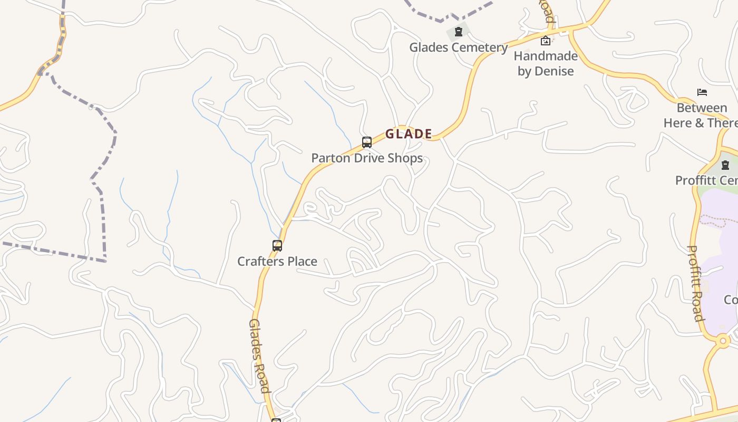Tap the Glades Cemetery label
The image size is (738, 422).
coord(458,47)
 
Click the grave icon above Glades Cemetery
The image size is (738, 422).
coord(459,32)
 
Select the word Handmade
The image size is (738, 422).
coord(546,56)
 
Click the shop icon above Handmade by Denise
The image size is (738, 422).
coord(546,41)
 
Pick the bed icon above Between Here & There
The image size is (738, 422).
coord(702,92)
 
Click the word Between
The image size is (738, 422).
coord(702,108)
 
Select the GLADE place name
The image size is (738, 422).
coord(409,134)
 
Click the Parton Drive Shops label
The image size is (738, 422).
coord(367,158)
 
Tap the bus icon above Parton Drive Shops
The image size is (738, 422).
coord(367,142)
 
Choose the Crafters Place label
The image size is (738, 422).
coord(277,261)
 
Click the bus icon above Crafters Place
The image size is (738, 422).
coord(277,245)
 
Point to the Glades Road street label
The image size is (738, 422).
coord(259,356)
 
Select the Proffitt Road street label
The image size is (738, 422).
coord(696,283)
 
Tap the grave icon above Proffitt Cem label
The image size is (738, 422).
coord(725,165)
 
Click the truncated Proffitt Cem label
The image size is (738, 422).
coord(706,180)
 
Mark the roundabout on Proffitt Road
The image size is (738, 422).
coord(723,341)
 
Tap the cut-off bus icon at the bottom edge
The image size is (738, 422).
coord(276,420)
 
